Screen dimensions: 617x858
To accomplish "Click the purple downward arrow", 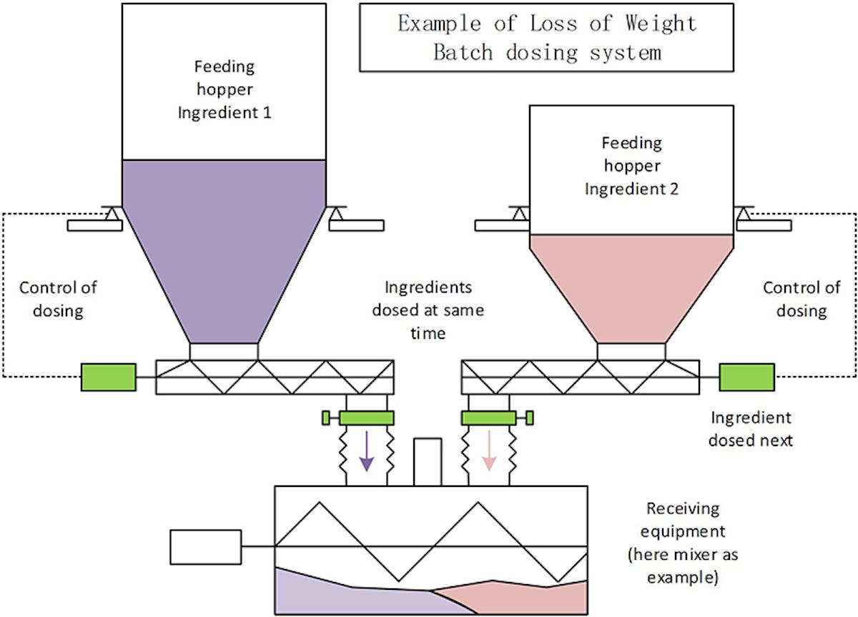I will [x=367, y=450].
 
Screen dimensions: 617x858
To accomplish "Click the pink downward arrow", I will [x=489, y=450].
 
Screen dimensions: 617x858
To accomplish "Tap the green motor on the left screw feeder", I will [x=108, y=377].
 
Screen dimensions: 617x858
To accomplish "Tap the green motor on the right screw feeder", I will [x=746, y=377].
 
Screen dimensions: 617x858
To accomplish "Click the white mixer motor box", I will [x=205, y=547].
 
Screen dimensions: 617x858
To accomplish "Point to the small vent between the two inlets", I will [x=428, y=462].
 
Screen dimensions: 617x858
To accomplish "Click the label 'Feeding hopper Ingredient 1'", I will [x=224, y=89].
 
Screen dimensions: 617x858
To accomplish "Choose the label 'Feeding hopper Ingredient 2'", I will [x=631, y=166].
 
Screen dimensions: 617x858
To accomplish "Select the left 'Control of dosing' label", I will [x=58, y=300].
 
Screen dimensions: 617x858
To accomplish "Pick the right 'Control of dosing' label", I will [x=802, y=300].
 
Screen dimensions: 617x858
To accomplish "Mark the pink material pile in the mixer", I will [x=522, y=597].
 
